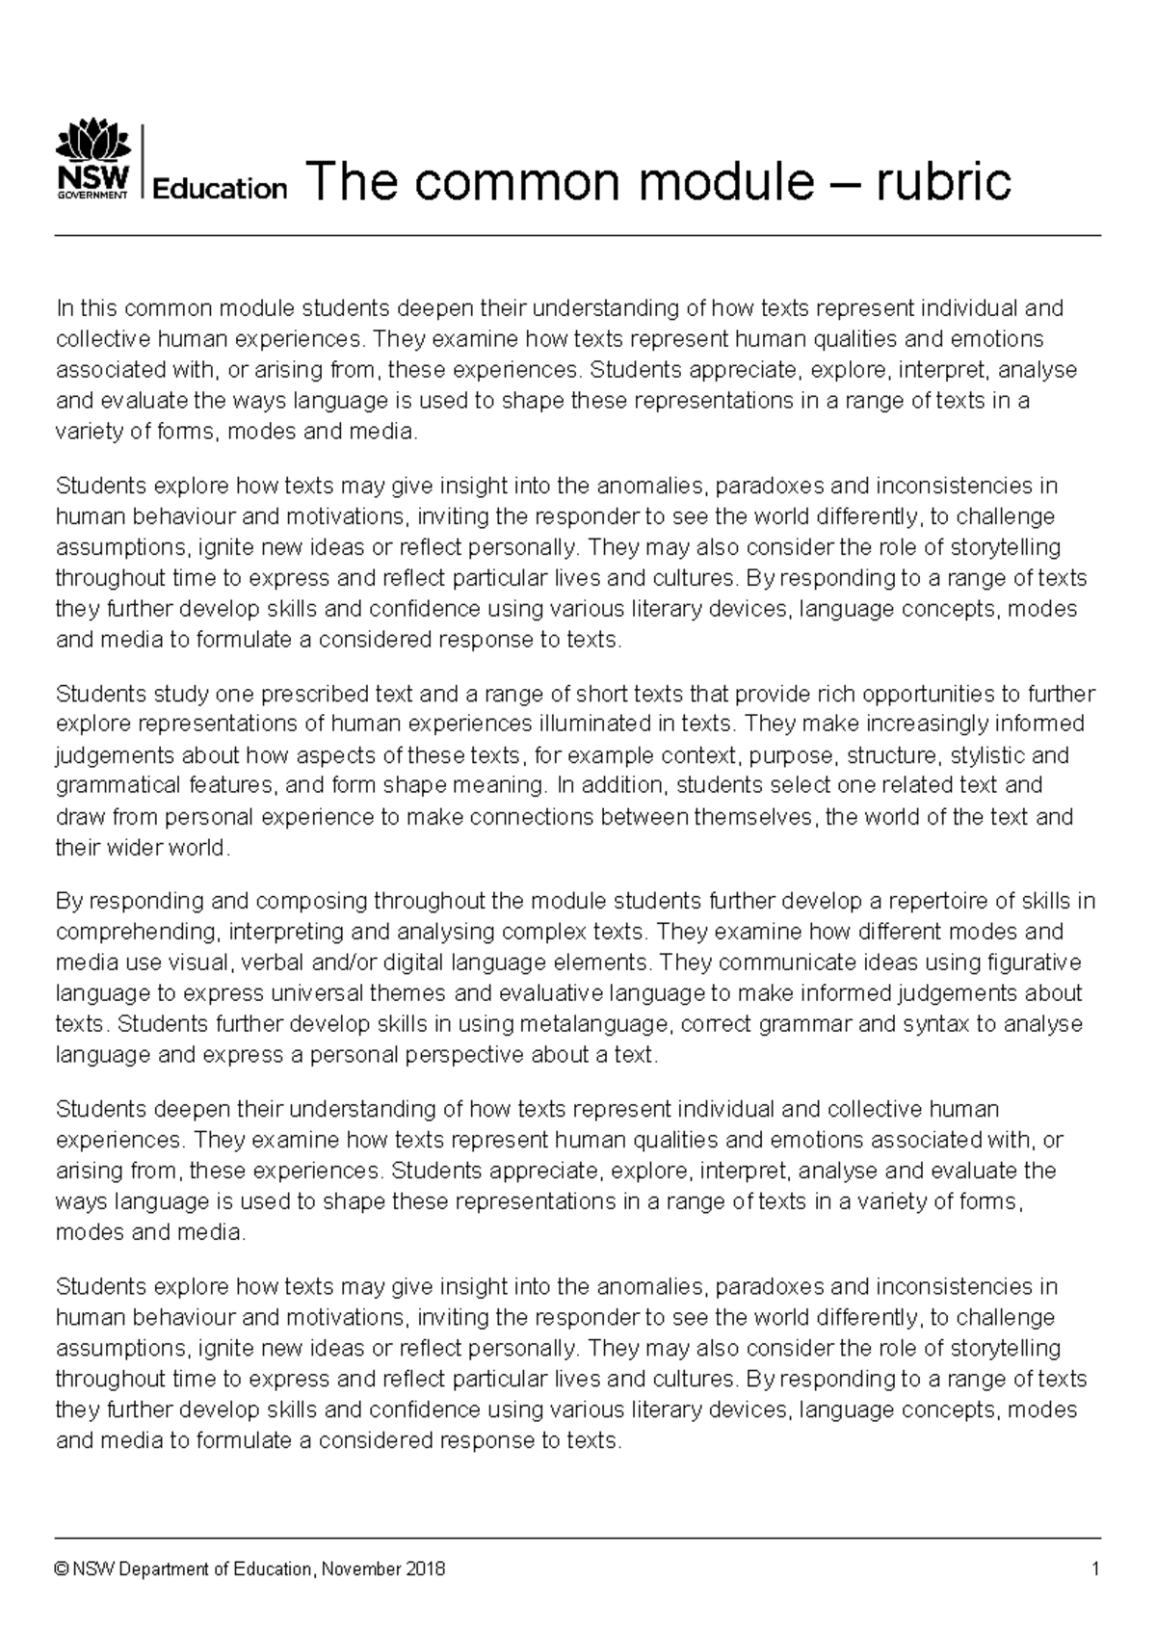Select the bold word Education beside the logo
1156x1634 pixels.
tap(220, 189)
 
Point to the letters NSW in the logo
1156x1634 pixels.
tap(92, 180)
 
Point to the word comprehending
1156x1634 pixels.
tap(137, 933)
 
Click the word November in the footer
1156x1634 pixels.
tap(362, 1569)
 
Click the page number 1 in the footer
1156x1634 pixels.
tap(1095, 1569)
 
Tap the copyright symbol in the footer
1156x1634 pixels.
tap(63, 1569)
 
